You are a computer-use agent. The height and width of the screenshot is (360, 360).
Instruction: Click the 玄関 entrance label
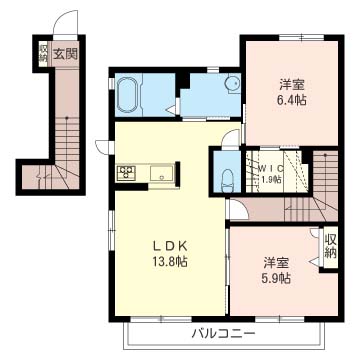coord(66,54)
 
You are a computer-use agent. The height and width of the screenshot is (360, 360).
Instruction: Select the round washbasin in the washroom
coord(232,83)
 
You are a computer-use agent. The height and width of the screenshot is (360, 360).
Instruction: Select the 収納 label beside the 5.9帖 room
coord(331,246)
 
